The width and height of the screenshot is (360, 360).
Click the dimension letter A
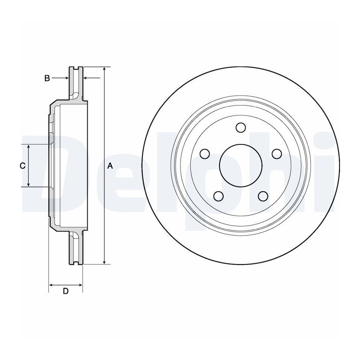(110, 166)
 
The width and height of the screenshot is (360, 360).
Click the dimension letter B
(47, 78)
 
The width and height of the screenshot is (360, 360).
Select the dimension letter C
(22, 166)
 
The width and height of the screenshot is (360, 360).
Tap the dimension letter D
(66, 291)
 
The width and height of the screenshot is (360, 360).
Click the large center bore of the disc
(241, 165)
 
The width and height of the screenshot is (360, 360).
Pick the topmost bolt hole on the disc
(241, 128)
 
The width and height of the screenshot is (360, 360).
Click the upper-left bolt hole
(205, 154)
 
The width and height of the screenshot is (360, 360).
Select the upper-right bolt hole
(277, 154)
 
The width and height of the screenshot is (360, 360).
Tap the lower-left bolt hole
(218, 196)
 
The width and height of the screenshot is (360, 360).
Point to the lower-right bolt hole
(263, 196)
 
